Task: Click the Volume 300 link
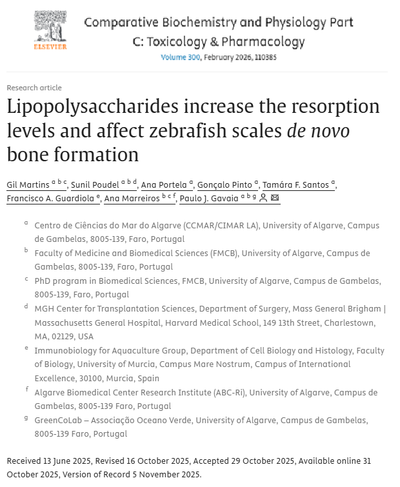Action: [x=181, y=57]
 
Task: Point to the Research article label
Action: [x=34, y=88]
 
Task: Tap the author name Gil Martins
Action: [x=28, y=185]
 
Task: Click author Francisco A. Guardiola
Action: [x=51, y=199]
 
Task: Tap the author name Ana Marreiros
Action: [x=132, y=199]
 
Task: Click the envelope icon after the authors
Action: [x=275, y=199]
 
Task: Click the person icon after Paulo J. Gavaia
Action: [x=263, y=199]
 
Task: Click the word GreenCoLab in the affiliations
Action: [x=61, y=421]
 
